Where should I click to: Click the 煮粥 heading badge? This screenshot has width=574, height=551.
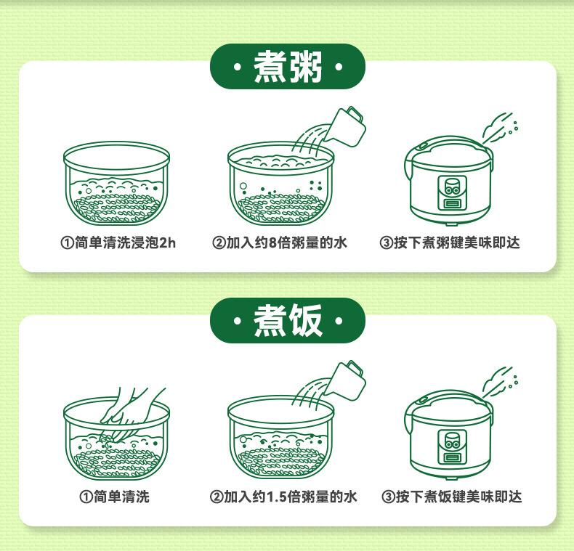click(x=288, y=67)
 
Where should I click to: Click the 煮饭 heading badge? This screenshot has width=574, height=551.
click(x=288, y=320)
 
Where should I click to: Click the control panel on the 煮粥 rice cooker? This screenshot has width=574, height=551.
click(x=452, y=193)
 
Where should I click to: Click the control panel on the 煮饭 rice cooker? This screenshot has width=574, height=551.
click(x=452, y=446)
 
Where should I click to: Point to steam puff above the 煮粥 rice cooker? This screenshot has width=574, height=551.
click(x=500, y=127)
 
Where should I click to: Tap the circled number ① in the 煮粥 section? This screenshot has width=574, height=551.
click(x=67, y=243)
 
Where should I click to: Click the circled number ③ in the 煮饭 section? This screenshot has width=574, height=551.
click(x=388, y=497)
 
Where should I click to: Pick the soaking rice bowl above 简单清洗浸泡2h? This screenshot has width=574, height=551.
click(x=116, y=183)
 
